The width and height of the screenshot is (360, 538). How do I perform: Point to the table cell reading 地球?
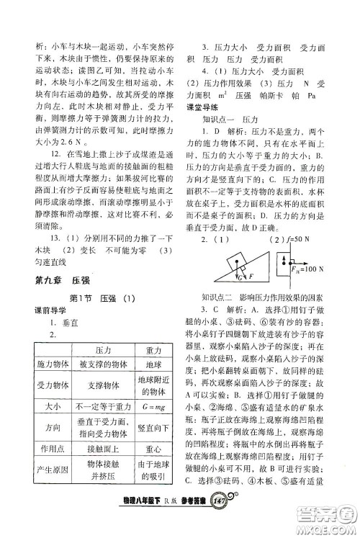click(x=151, y=364)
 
